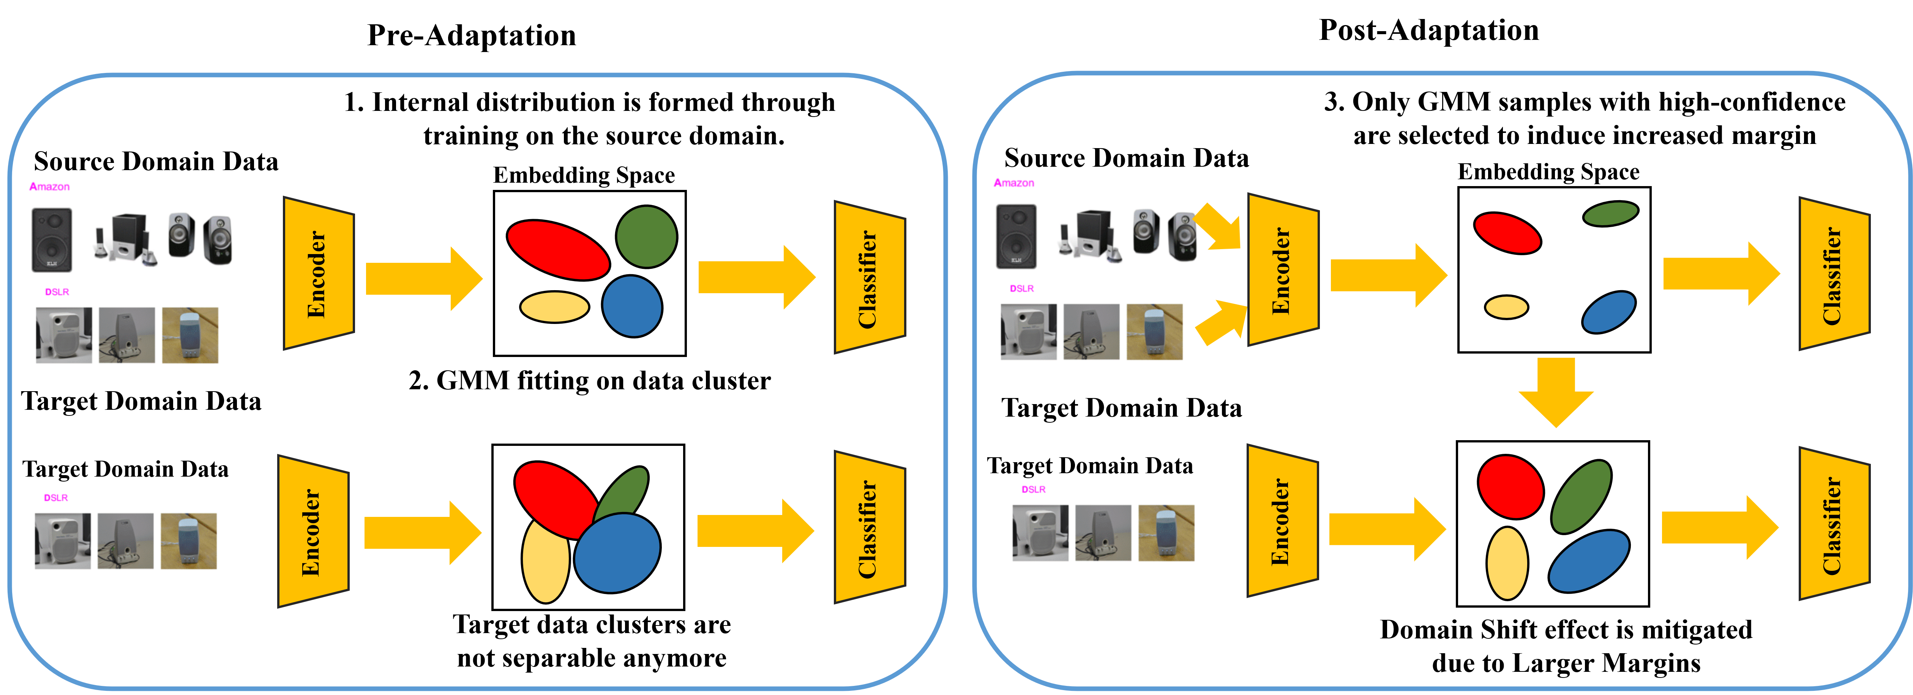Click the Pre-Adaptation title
472,35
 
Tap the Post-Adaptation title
1429,30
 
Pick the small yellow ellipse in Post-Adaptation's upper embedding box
1506,306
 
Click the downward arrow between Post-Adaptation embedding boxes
1556,392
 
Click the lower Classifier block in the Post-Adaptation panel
1834,523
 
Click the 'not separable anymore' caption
592,658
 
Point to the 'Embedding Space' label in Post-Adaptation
1548,172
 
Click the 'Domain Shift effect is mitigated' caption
1566,630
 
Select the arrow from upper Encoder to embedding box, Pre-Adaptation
424,278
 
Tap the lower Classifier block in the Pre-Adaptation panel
870,527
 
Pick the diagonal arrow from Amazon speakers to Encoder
1218,226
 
